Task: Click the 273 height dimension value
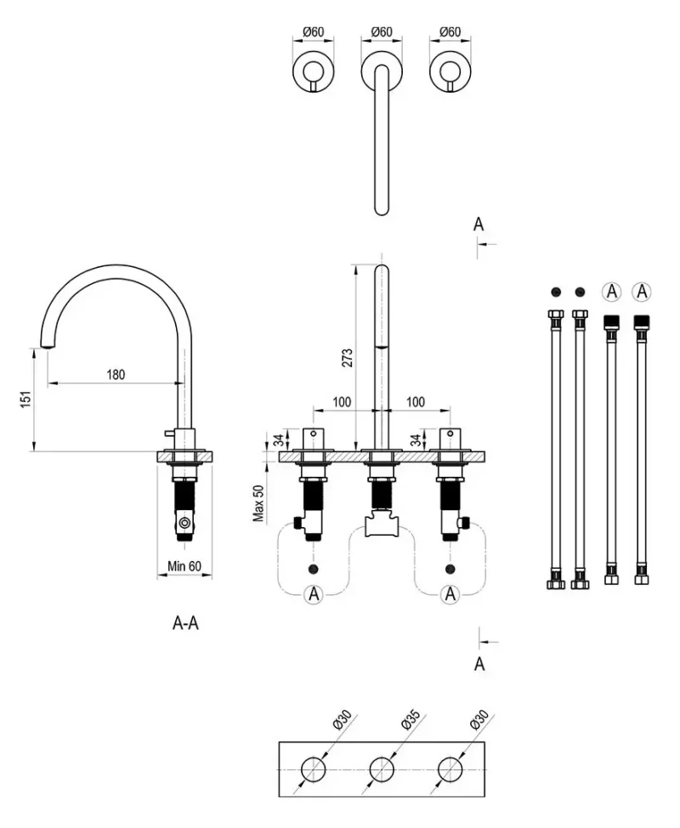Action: point(348,358)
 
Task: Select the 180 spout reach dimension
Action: point(116,374)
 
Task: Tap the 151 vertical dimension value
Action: point(25,400)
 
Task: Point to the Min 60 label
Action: point(184,566)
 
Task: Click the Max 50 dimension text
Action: point(258,503)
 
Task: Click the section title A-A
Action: point(185,623)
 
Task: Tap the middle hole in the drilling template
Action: point(382,768)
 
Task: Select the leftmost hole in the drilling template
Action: point(313,768)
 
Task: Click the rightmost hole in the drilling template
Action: point(450,768)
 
